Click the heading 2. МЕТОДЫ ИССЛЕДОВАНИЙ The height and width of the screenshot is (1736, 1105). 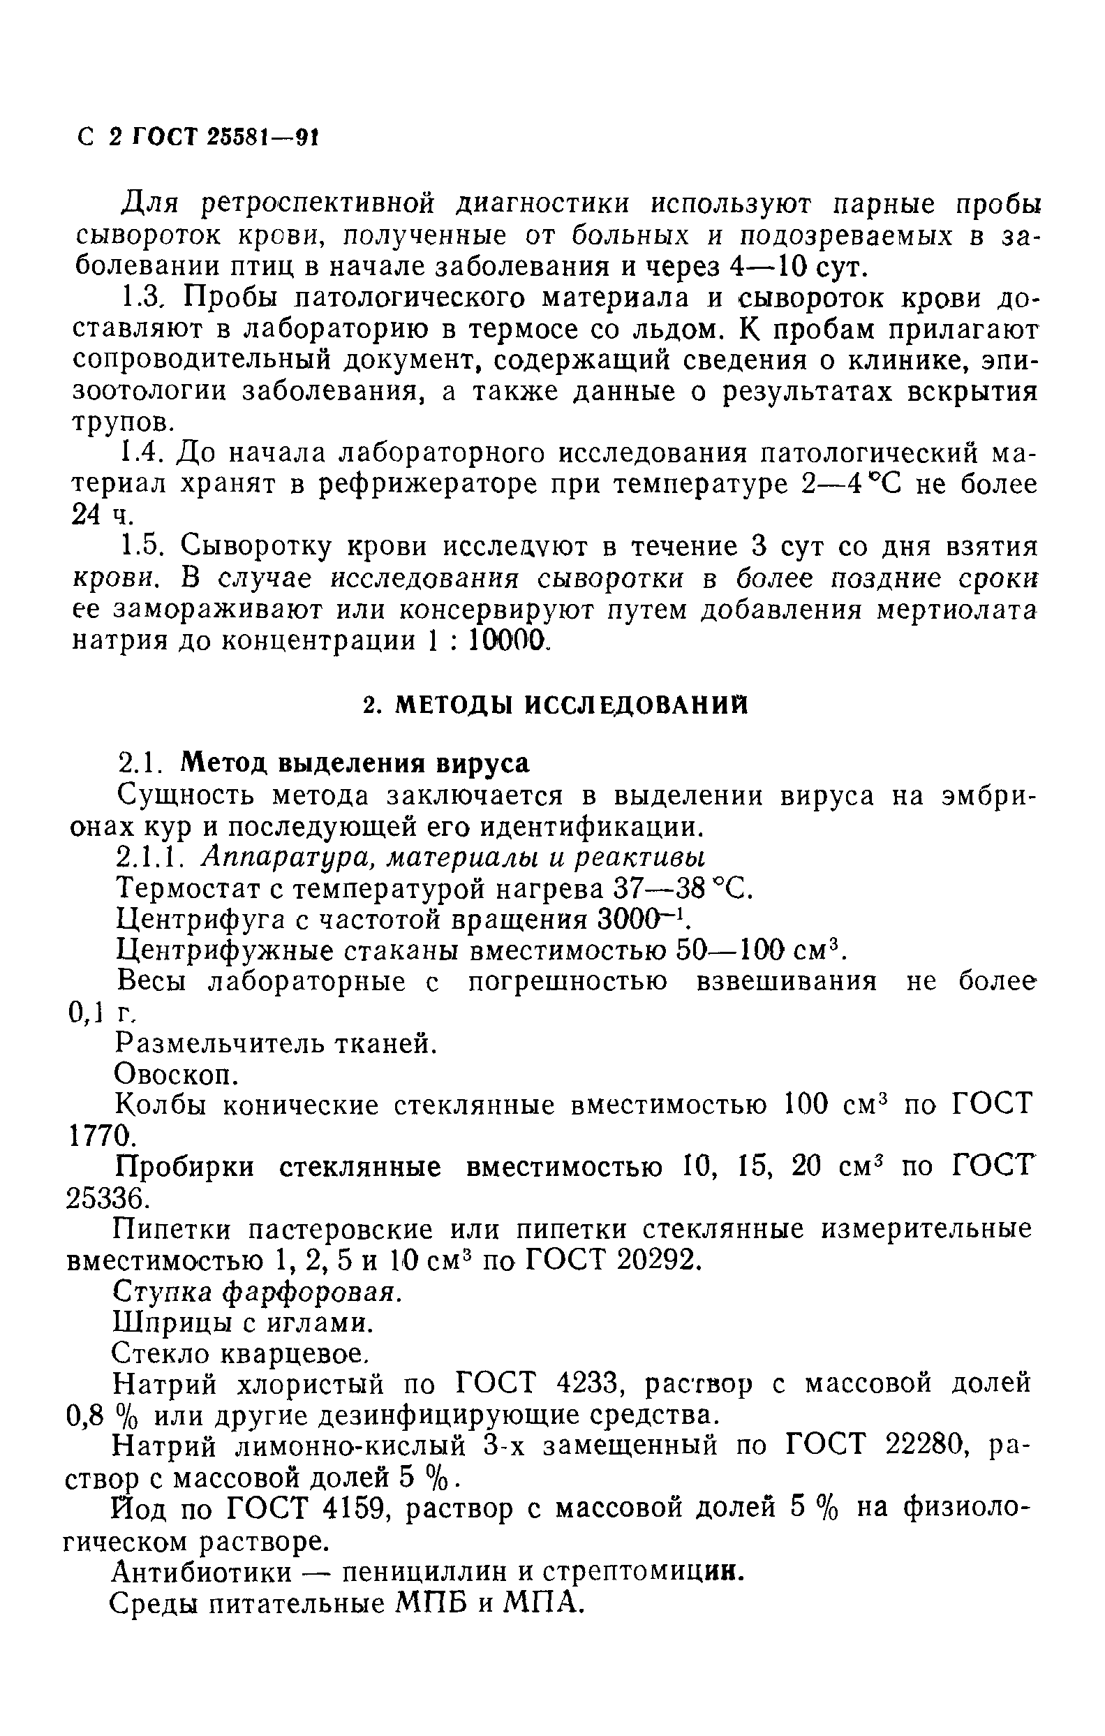point(555,705)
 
